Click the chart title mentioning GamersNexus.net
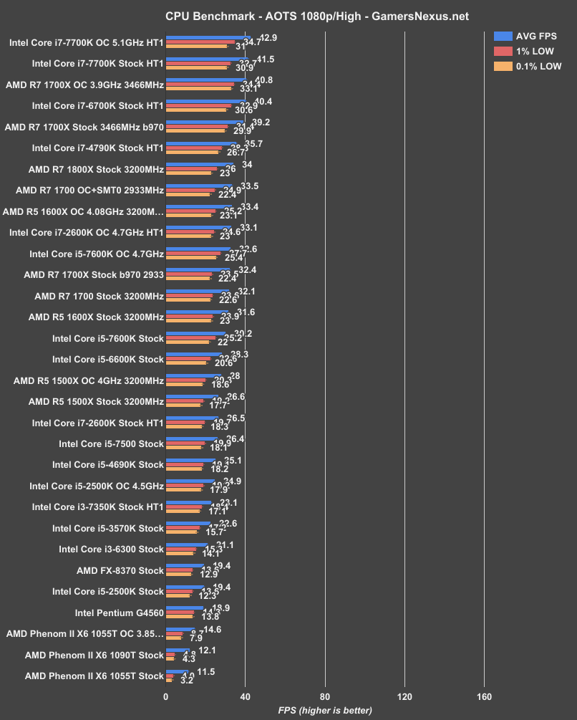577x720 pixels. [288, 15]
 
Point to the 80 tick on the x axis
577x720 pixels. [325, 698]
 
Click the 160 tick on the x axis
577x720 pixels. [484, 698]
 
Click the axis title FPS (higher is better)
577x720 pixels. [325, 711]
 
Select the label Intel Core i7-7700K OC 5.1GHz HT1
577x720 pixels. [87, 42]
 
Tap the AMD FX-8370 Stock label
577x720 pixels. [120, 571]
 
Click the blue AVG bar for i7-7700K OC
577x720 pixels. [208, 37]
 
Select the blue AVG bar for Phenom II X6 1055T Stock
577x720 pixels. [177, 671]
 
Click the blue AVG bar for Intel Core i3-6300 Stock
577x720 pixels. [187, 545]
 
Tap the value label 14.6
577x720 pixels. [212, 630]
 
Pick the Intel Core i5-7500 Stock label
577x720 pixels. [108, 444]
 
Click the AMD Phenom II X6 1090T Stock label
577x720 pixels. [94, 655]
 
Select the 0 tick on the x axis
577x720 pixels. [166, 698]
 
